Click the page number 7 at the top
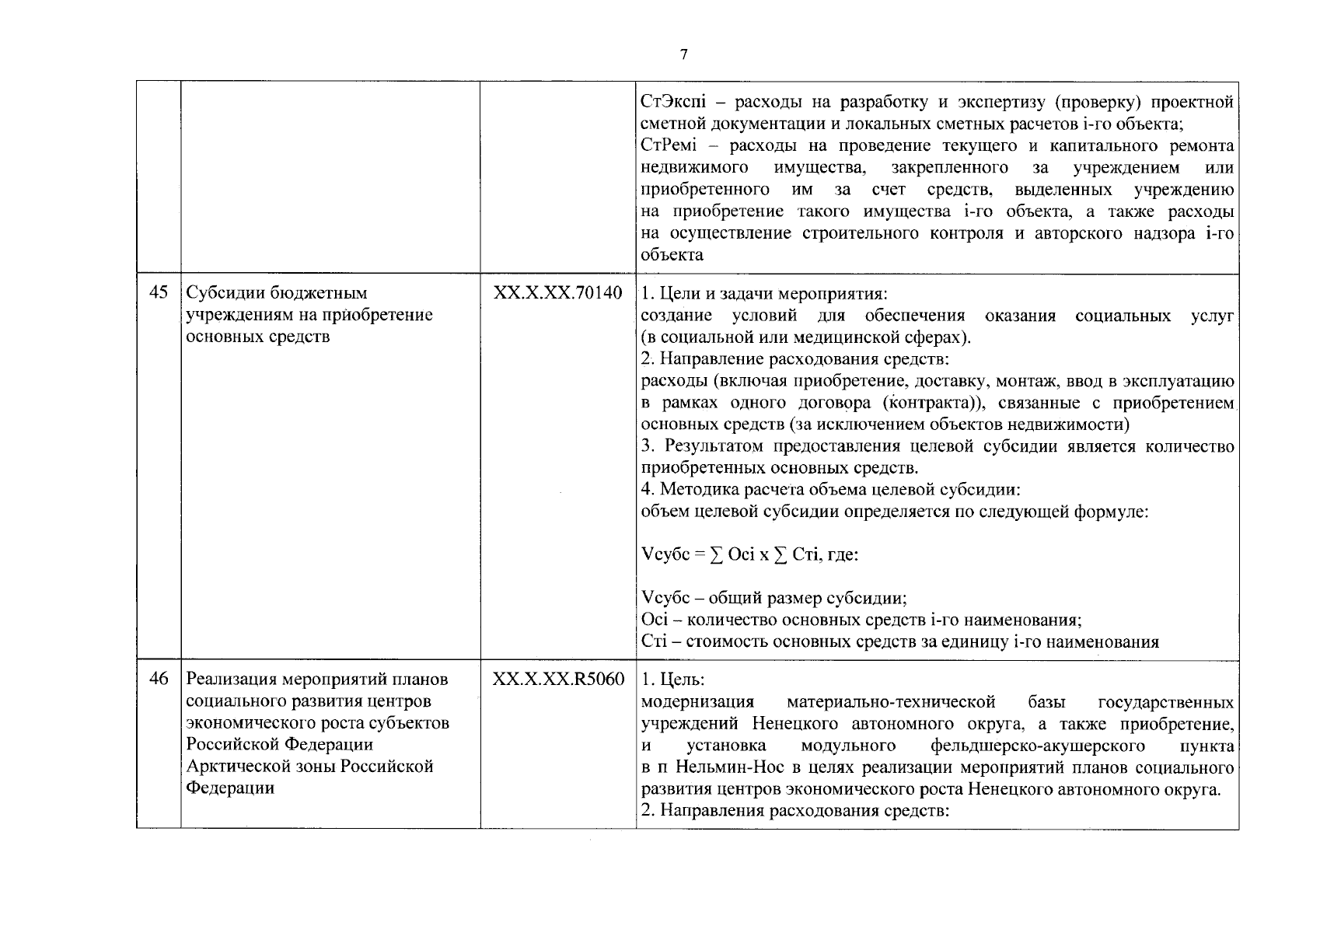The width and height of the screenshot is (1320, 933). click(683, 54)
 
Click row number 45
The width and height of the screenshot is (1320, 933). click(159, 293)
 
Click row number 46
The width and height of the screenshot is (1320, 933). click(159, 679)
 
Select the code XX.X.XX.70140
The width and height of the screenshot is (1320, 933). click(557, 293)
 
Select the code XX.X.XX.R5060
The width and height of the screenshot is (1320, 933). click(557, 679)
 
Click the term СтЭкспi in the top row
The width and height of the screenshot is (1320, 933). click(671, 103)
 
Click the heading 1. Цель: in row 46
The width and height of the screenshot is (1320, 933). click(673, 680)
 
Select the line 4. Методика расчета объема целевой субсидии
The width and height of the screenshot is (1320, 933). click(830, 490)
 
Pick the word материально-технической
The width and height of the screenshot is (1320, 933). click(892, 703)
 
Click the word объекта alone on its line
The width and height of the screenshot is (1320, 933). click(672, 255)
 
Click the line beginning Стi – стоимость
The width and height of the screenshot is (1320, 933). click(899, 641)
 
